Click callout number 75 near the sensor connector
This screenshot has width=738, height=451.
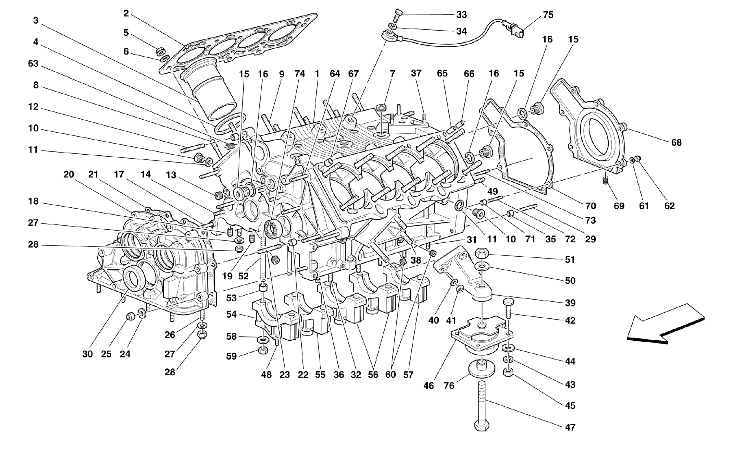548,15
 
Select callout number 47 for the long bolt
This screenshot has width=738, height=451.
570,427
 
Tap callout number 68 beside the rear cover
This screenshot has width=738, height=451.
676,142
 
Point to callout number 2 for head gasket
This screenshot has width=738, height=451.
126,14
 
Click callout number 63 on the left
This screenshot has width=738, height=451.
33,64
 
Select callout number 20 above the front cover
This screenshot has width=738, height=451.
68,175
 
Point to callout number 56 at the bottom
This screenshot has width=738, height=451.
373,375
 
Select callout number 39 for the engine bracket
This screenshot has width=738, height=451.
570,303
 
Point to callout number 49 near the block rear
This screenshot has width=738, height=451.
492,191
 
